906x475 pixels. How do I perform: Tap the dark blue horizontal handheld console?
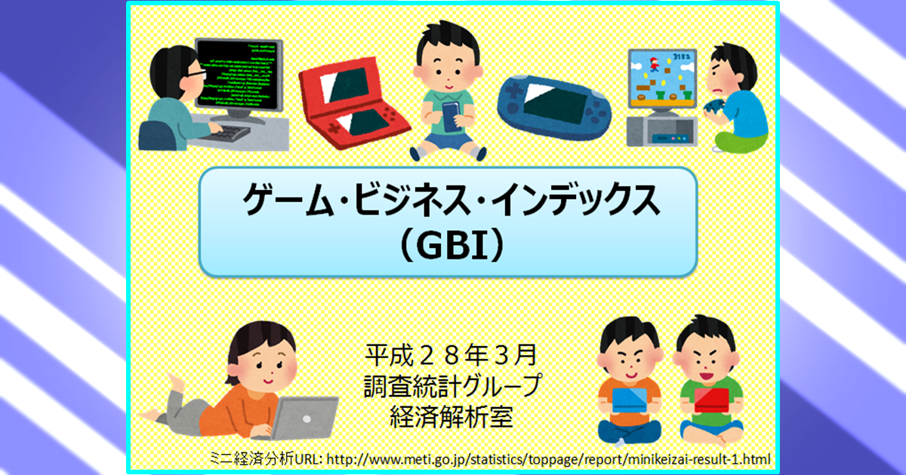coord(554,107)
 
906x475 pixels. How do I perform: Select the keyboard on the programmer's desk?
coord(226,133)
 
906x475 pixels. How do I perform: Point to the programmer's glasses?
coord(197,75)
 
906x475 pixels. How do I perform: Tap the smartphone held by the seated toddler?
coord(451,117)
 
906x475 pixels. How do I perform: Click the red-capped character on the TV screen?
coord(654,64)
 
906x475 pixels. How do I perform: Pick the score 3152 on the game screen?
coord(682,56)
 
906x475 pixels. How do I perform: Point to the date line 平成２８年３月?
coord(451,354)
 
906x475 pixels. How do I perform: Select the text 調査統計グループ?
coord(452,385)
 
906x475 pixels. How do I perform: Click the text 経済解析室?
coord(451,417)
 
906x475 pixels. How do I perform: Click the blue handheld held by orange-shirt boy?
coord(630,400)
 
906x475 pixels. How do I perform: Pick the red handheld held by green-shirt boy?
coord(711,400)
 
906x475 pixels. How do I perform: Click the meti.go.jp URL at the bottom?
coord(548,459)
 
